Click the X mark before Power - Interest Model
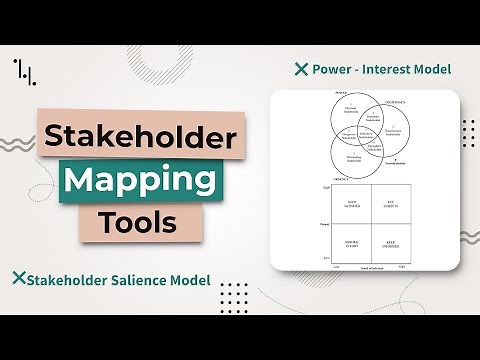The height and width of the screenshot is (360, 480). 301,70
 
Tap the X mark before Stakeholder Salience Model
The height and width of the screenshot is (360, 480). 17,279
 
